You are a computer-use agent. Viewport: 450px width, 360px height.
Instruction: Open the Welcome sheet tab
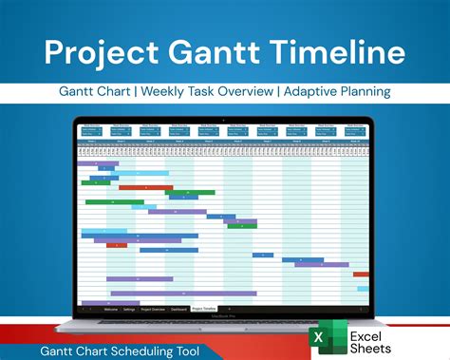(x=111, y=309)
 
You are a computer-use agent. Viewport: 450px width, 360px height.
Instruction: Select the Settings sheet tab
(x=128, y=309)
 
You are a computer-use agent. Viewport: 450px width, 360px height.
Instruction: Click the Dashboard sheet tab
(x=178, y=309)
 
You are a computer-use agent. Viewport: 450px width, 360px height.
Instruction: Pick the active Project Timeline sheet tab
(x=204, y=309)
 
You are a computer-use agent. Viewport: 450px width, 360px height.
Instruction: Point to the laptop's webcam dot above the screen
(x=225, y=117)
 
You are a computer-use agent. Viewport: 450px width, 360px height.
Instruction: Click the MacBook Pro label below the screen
(x=225, y=316)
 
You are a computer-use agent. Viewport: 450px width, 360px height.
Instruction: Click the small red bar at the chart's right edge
(x=361, y=274)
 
